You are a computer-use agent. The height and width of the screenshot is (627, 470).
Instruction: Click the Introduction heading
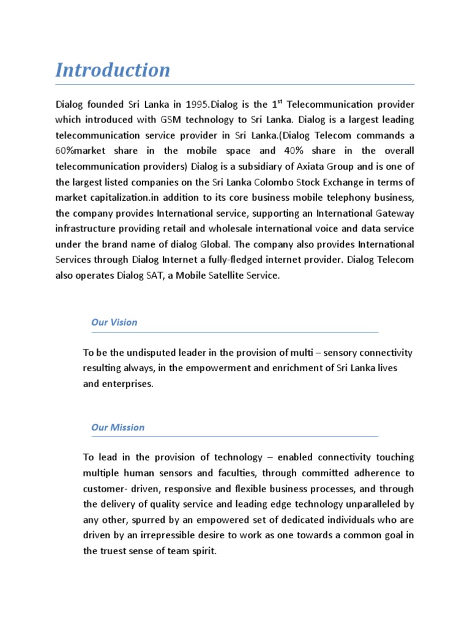point(113,70)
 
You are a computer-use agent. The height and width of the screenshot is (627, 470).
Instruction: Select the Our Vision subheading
point(114,322)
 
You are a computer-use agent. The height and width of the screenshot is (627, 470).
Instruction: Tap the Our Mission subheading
point(117,427)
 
